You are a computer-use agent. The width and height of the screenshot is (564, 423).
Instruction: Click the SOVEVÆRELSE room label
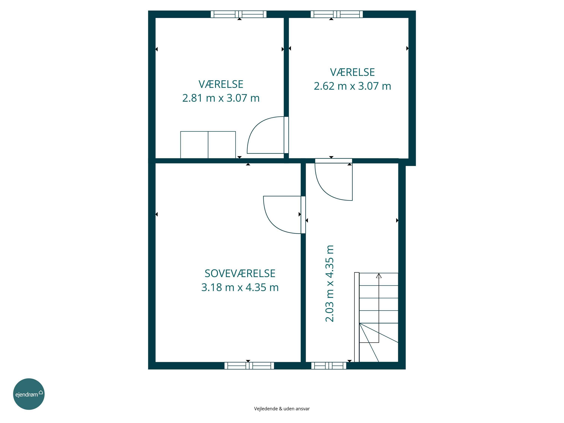click(240, 274)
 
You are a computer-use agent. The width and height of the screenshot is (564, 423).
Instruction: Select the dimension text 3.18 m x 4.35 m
click(240, 287)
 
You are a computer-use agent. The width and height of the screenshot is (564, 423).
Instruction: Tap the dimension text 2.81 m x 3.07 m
click(221, 98)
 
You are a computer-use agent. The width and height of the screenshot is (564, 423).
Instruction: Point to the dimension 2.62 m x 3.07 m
click(352, 86)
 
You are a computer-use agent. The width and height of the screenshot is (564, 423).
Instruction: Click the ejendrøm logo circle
click(29, 394)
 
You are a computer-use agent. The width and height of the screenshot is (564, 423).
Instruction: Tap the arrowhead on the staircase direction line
click(379, 276)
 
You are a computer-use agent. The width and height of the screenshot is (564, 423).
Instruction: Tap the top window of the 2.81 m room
click(239, 14)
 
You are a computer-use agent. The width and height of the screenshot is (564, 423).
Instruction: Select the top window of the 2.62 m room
click(337, 14)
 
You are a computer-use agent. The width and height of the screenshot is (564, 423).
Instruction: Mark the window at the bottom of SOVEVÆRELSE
click(249, 366)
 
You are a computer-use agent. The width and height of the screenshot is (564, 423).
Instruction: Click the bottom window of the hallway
click(329, 366)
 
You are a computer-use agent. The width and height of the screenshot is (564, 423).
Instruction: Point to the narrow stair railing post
click(357, 317)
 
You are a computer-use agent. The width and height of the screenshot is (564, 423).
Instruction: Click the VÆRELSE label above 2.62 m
click(352, 72)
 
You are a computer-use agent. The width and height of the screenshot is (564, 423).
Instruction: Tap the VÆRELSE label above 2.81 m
click(221, 84)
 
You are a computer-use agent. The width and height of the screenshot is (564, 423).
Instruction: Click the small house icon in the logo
click(41, 392)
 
